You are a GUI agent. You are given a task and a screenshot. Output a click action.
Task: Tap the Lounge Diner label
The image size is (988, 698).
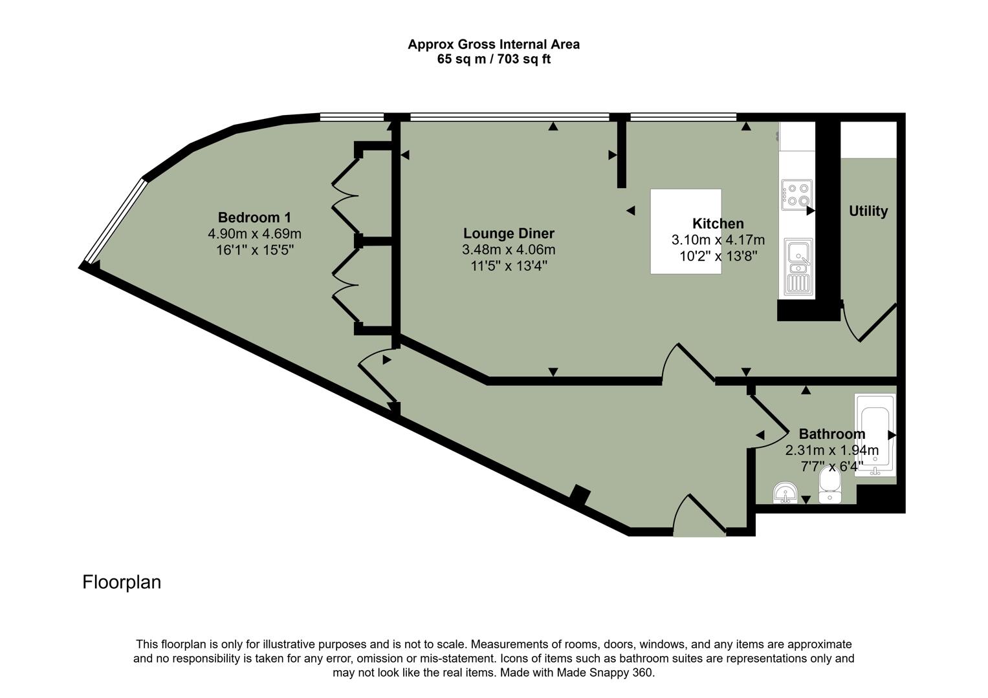point(509,233)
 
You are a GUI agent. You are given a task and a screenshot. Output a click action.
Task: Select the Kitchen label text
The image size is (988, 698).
point(718,224)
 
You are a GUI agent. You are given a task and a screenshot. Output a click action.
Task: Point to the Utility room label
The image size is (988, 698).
point(868,211)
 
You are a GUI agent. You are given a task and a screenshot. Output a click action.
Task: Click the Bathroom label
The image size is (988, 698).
point(831,434)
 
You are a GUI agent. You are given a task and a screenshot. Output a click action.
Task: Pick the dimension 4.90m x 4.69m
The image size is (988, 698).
point(254,234)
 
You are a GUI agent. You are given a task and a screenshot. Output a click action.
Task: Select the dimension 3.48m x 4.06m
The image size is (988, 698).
point(509,249)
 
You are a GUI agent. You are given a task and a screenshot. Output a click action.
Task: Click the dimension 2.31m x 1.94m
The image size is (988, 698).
point(831,450)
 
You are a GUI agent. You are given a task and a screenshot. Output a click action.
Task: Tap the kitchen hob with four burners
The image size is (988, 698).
point(796,195)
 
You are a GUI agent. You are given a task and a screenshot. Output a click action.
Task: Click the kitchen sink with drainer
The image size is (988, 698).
point(797,266)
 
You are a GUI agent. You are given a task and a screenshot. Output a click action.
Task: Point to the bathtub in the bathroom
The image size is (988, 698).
point(875,435)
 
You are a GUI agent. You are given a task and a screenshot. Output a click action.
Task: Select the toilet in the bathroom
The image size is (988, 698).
point(829,485)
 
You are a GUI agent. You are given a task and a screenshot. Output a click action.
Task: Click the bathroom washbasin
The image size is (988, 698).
point(785,493)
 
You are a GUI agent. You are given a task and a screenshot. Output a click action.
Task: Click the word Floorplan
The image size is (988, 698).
point(122,582)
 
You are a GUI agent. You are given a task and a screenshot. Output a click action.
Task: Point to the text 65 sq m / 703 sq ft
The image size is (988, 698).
point(494,59)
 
